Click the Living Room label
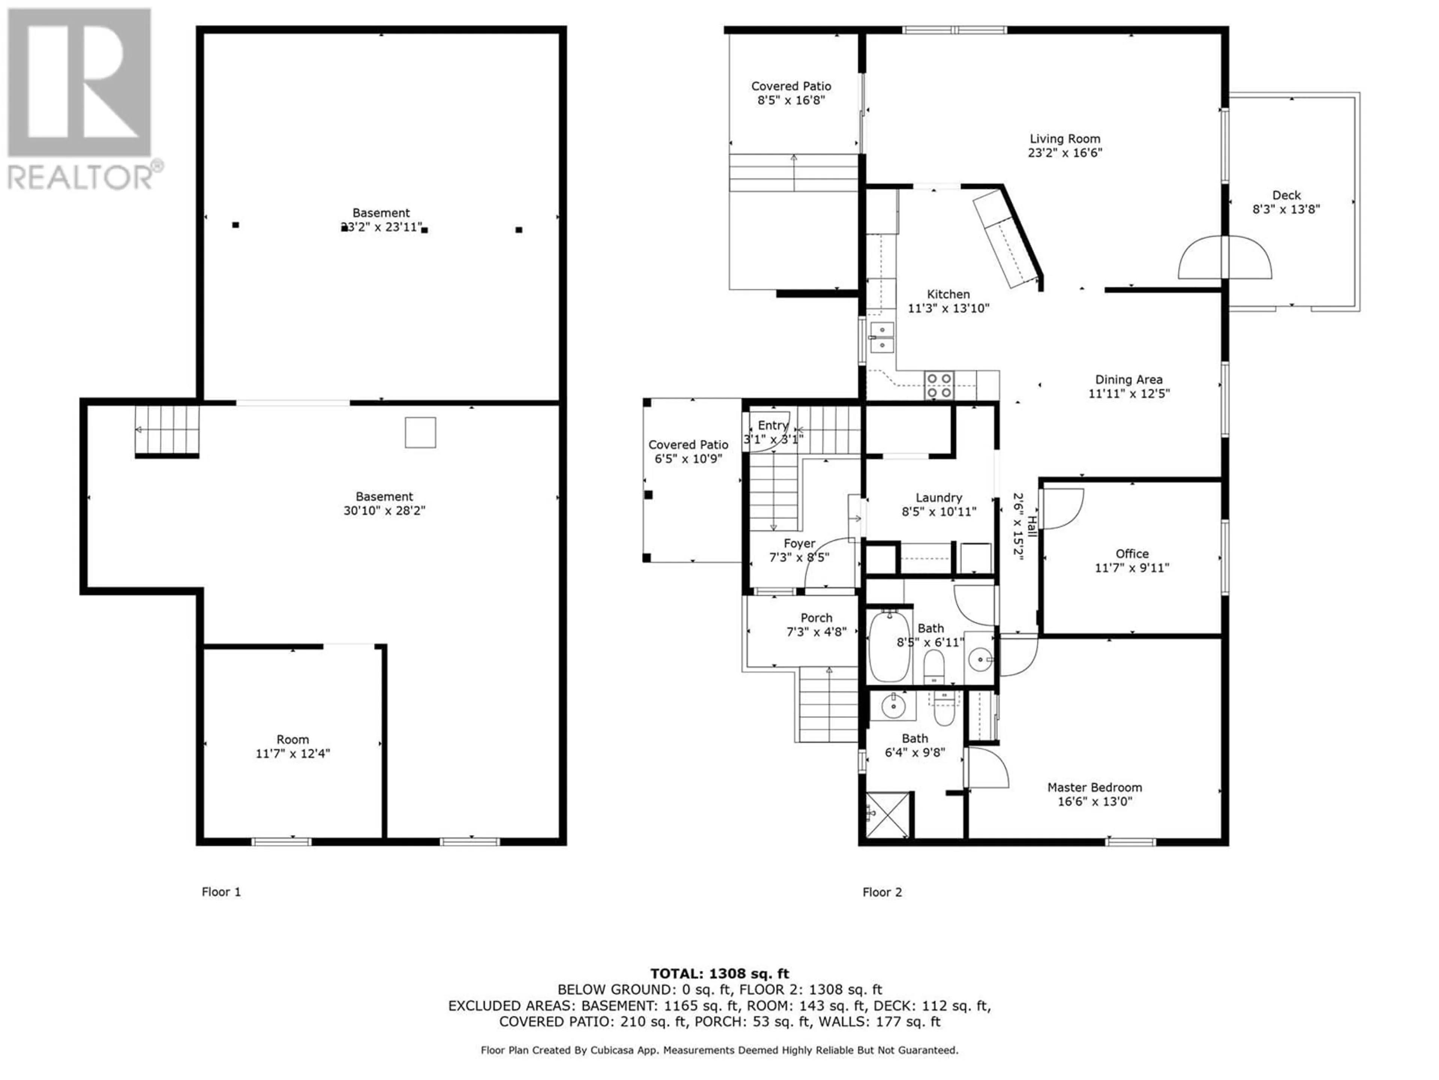coord(1065,139)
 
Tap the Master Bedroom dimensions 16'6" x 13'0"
coord(1095,801)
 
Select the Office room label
coord(1132,553)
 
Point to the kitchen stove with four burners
coord(939,385)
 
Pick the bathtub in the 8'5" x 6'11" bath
coord(890,646)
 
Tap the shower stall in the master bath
coord(888,815)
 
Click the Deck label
coord(1286,195)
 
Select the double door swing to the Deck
coord(1225,257)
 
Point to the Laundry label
coord(939,497)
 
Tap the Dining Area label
coord(1129,379)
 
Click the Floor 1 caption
coord(221,892)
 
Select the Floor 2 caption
coord(882,892)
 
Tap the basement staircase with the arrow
coord(166,430)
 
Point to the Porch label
coord(817,618)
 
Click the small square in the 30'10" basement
coord(420,432)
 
